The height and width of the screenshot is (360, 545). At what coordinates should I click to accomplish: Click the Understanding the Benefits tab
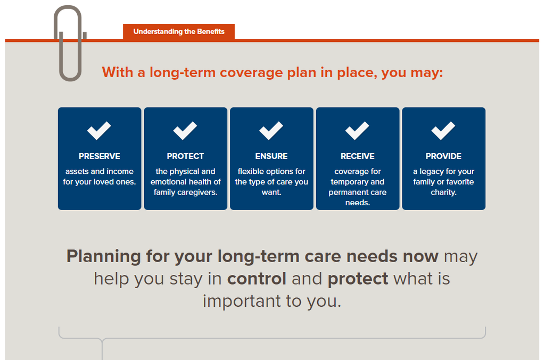(179, 32)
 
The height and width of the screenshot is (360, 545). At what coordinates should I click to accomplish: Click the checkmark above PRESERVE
(99, 130)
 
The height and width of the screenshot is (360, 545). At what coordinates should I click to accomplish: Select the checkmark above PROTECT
(185, 130)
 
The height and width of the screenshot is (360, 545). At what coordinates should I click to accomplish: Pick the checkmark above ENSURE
(271, 130)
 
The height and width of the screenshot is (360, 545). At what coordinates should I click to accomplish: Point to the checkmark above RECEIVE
(357, 130)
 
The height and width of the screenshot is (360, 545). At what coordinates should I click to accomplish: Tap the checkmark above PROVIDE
(443, 130)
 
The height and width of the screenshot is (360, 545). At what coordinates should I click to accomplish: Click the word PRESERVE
(100, 156)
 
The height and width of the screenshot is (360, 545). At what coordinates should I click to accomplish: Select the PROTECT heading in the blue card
(185, 156)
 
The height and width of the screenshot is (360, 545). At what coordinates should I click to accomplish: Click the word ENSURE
(271, 156)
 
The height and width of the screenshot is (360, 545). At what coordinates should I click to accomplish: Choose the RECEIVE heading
(358, 156)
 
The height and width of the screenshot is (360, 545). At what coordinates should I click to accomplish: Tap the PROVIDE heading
(443, 156)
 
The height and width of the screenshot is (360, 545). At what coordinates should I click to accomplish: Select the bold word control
(257, 279)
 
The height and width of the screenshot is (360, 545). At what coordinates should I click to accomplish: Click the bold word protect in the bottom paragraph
(358, 279)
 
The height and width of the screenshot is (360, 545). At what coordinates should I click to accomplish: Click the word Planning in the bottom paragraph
(104, 257)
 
